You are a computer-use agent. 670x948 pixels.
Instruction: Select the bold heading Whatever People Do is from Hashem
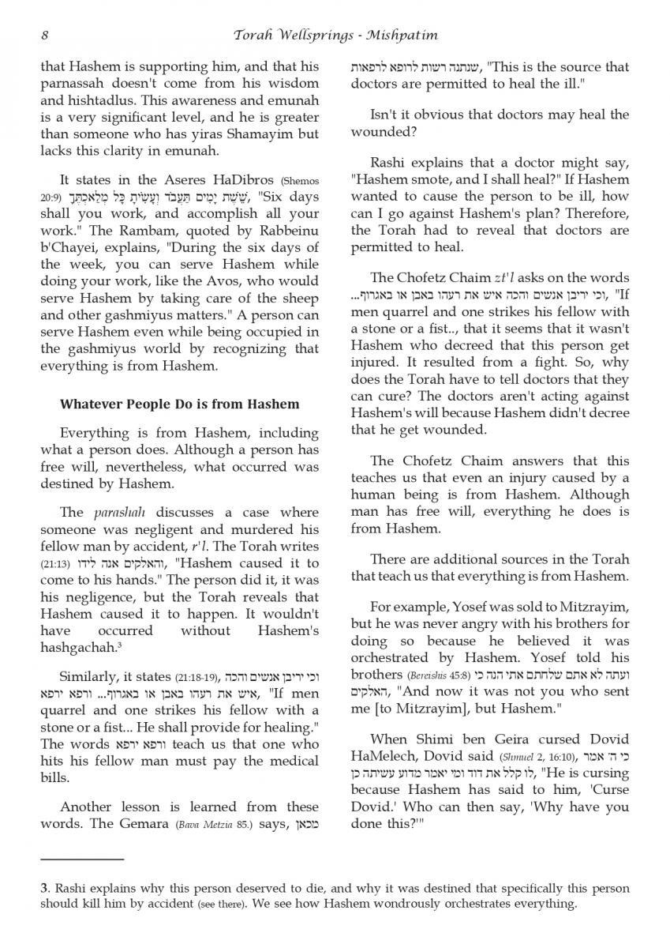pos(180,404)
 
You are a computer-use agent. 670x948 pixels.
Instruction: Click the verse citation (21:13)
pos(55,565)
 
